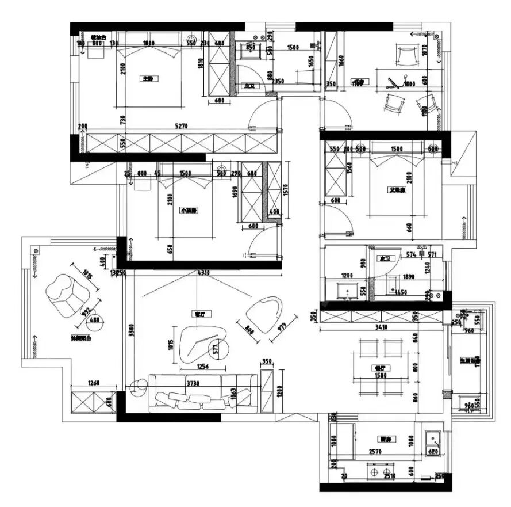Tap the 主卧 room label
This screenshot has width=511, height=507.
[x=148, y=79]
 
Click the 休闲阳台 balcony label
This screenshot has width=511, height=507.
[x=80, y=339]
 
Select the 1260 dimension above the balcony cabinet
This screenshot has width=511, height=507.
[x=93, y=383]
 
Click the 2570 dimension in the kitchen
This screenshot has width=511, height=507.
[x=376, y=452]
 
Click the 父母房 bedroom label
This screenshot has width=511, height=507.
[x=397, y=189]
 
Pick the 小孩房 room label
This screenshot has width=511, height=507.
[x=188, y=211]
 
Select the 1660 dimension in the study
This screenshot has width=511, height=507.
[x=341, y=60]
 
